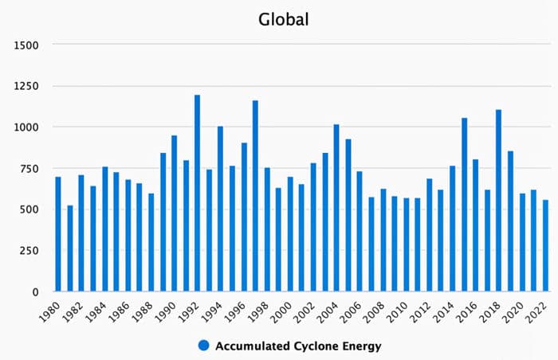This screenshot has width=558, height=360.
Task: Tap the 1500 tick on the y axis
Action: click(26, 45)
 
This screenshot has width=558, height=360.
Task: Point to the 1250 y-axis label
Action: click(26, 86)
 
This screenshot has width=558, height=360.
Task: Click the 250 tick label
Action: click(29, 251)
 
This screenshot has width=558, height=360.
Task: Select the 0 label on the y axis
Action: click(36, 292)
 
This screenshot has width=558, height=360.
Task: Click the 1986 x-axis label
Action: click(123, 310)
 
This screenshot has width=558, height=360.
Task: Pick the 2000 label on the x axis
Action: click(285, 310)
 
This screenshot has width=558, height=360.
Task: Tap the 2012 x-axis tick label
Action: click(424, 310)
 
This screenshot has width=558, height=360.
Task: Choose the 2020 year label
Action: click(517, 310)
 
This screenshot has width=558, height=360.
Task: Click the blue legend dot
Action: click(204, 346)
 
